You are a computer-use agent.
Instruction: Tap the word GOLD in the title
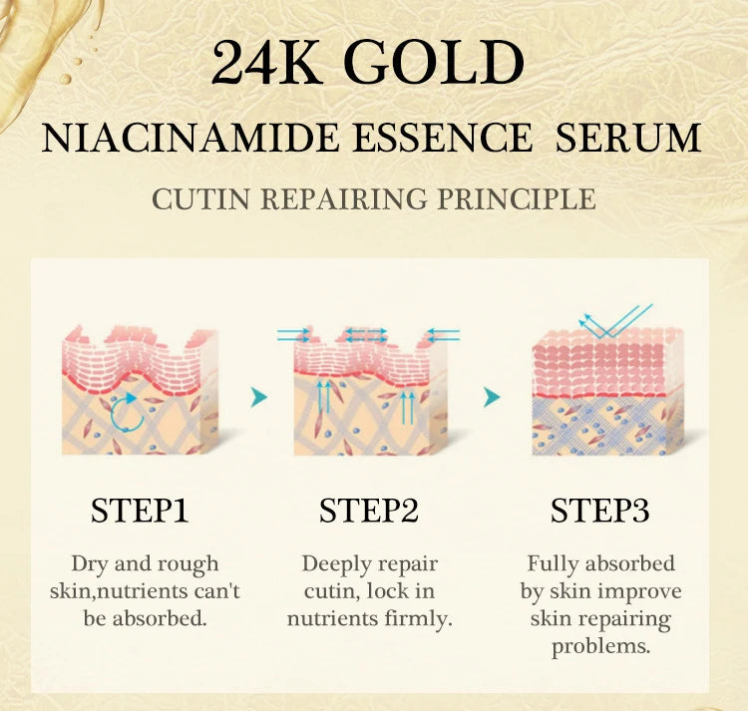coord(438,66)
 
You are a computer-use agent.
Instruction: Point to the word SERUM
coord(629,138)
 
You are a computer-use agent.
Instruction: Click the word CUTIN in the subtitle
coord(201,198)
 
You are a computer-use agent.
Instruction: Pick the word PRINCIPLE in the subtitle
coord(517,198)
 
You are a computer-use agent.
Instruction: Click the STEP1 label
coord(140,511)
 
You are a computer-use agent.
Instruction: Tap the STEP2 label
coord(369,511)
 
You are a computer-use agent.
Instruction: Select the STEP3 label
coord(600,511)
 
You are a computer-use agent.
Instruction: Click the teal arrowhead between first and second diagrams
coord(259,398)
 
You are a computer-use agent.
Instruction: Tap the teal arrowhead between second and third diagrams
coord(492,398)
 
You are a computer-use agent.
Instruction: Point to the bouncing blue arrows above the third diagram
coord(616,321)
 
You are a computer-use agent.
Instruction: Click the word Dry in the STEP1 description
coord(91,564)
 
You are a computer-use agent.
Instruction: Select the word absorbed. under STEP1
coord(161,618)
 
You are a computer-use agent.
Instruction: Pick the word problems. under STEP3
coord(600,645)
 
